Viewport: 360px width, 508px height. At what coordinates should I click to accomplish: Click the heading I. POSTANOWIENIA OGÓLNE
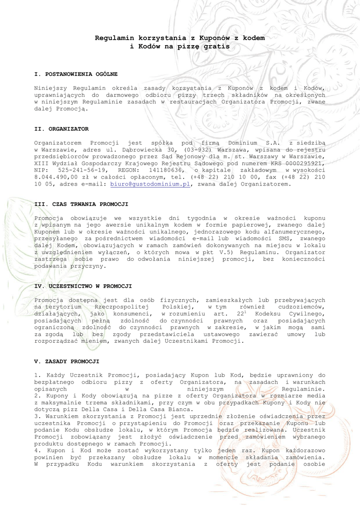point(75,74)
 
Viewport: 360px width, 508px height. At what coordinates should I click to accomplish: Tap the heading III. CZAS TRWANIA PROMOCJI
point(81,204)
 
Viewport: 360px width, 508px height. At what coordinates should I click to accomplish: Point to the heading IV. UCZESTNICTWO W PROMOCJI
point(83,286)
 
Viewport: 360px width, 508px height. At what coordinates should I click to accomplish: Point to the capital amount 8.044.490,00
point(56,177)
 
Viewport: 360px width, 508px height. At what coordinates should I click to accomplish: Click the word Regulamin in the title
point(114,38)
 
